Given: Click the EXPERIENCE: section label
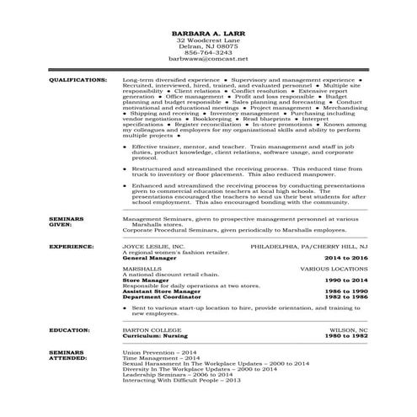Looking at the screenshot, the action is click(x=71, y=247).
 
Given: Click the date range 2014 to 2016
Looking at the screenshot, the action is click(x=347, y=257).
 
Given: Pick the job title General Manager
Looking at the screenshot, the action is click(x=146, y=257).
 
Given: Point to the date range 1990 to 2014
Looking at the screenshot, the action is click(x=347, y=280).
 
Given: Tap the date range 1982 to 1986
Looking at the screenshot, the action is click(x=347, y=296).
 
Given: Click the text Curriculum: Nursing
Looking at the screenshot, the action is click(x=154, y=337).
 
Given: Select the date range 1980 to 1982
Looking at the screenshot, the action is click(x=347, y=337).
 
